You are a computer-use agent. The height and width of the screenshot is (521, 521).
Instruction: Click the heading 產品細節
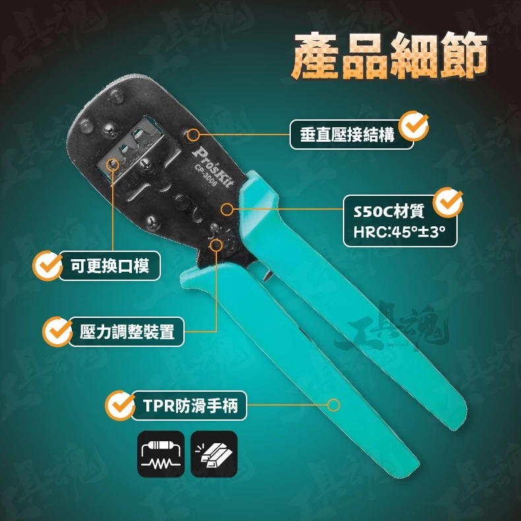(389, 56)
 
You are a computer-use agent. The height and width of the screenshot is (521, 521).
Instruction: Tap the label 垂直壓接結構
(347, 135)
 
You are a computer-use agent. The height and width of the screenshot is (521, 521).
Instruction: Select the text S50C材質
(388, 211)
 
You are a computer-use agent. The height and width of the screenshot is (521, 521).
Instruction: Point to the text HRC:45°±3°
(399, 231)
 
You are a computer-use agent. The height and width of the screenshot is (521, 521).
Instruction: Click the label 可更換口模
(109, 266)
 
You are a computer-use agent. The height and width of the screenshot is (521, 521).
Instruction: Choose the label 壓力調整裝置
(127, 332)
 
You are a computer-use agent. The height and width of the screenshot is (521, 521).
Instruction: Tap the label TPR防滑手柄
(191, 406)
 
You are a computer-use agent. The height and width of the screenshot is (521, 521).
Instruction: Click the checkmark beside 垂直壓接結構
(414, 126)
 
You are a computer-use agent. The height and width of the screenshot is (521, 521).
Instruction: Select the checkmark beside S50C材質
(448, 202)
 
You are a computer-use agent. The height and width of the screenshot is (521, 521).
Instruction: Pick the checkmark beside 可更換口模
(47, 266)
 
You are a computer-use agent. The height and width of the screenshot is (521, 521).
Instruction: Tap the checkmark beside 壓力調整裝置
(57, 332)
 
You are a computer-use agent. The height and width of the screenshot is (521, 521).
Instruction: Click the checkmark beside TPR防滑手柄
(120, 406)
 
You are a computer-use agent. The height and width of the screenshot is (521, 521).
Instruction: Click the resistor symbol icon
(161, 454)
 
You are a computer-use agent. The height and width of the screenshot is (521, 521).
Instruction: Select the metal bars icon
(214, 454)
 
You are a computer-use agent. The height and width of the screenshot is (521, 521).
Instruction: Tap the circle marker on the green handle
(333, 405)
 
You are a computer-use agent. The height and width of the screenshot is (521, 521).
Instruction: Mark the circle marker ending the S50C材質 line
(228, 209)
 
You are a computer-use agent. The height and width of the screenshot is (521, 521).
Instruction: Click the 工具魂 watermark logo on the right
(392, 327)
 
